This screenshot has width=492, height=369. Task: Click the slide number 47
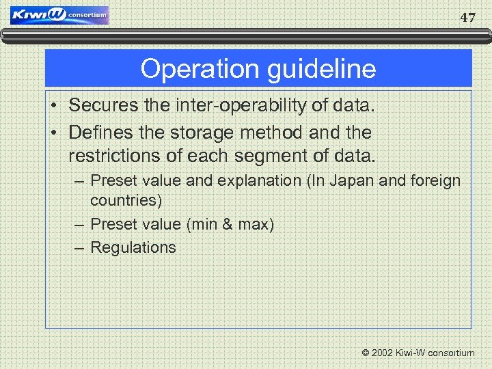467,18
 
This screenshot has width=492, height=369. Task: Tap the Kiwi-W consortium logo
60,15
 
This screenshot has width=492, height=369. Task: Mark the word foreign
436,181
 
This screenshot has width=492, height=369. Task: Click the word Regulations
133,247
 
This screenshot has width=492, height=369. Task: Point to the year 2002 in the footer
383,353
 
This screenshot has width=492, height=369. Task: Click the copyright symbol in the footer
366,353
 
